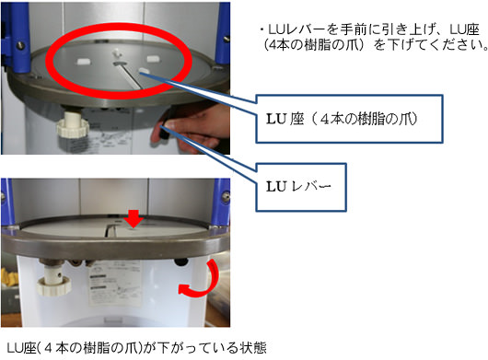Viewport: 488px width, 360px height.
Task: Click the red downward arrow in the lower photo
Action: [134, 219]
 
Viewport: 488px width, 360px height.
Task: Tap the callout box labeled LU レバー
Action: [301, 187]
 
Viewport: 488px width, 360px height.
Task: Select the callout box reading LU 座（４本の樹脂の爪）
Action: [349, 119]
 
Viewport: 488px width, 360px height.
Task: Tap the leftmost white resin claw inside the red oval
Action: [84, 62]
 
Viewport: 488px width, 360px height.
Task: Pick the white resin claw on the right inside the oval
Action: [154, 59]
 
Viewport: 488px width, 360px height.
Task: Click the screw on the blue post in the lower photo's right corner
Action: [226, 197]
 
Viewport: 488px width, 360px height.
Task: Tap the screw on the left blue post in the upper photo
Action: [21, 45]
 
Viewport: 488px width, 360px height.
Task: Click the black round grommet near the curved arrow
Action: [181, 261]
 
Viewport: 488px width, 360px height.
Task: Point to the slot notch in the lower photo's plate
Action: [110, 229]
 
